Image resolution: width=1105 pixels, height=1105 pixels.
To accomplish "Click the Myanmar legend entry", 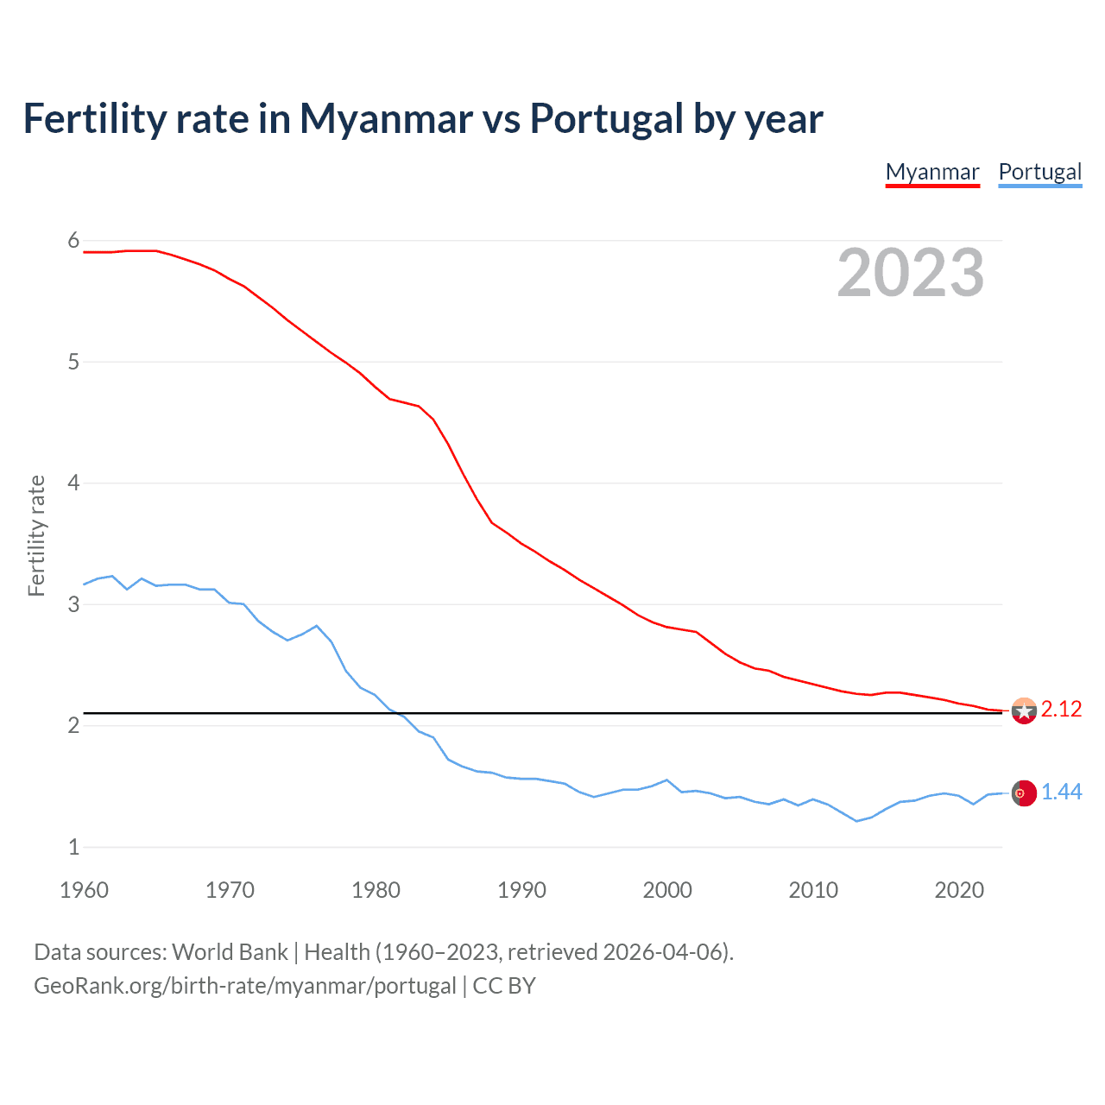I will coord(932,173).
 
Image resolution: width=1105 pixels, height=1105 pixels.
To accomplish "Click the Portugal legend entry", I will coord(1039,173).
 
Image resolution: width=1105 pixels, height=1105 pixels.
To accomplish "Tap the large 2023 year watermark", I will coord(911,273).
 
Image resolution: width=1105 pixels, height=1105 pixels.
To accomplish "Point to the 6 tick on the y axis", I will coord(73,241).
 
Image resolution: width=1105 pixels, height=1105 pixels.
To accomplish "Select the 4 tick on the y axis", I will coord(73,483).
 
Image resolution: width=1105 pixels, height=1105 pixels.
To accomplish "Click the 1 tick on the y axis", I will coord(73,847).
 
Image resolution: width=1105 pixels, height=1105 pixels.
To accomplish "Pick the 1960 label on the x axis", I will coord(84,890).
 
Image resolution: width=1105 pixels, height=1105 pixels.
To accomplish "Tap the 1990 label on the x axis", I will coord(521,890).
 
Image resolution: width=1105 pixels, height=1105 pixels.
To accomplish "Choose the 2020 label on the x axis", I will coord(959,890).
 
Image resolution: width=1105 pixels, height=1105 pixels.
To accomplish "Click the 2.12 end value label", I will coord(1061,710).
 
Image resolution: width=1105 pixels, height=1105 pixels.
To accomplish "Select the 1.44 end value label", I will coord(1061,792).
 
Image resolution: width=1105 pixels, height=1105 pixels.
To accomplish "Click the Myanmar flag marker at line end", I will coord(1024,710).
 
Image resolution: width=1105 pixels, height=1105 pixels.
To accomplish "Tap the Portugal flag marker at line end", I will coord(1024,793).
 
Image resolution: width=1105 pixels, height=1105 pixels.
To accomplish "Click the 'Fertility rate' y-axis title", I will coord(36,535).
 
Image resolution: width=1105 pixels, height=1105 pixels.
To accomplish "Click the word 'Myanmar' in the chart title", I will coord(386,119).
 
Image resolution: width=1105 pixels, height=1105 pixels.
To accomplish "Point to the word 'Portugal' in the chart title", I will coord(606,119).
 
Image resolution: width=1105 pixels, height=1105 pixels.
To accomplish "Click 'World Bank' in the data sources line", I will coord(230,952).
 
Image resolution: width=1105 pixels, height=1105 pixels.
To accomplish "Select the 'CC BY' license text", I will coord(504,986).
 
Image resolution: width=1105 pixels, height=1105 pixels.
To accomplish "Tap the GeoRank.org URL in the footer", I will coord(244,986).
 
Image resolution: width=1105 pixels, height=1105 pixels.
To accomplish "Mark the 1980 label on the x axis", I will coord(376,890).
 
